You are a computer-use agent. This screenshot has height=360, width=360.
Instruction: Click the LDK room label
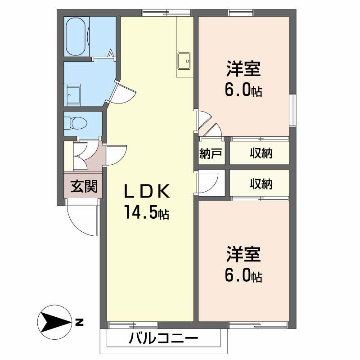click(147, 192)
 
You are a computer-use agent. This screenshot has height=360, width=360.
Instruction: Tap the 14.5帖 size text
click(147, 213)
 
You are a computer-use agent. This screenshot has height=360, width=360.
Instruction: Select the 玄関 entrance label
click(84, 186)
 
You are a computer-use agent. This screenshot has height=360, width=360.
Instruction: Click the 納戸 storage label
click(211, 154)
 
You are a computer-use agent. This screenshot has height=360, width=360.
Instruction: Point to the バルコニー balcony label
click(163, 338)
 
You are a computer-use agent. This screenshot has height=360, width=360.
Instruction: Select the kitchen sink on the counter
click(185, 61)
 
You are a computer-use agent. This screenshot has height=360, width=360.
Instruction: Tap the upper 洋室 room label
click(243, 70)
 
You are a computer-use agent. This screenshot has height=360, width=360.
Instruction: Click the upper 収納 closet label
click(261, 154)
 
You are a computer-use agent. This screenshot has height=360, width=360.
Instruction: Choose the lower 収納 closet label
click(261, 184)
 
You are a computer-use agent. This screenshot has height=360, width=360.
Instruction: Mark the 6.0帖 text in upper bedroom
click(243, 91)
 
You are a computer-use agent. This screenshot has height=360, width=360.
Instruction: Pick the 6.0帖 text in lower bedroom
click(243, 275)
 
